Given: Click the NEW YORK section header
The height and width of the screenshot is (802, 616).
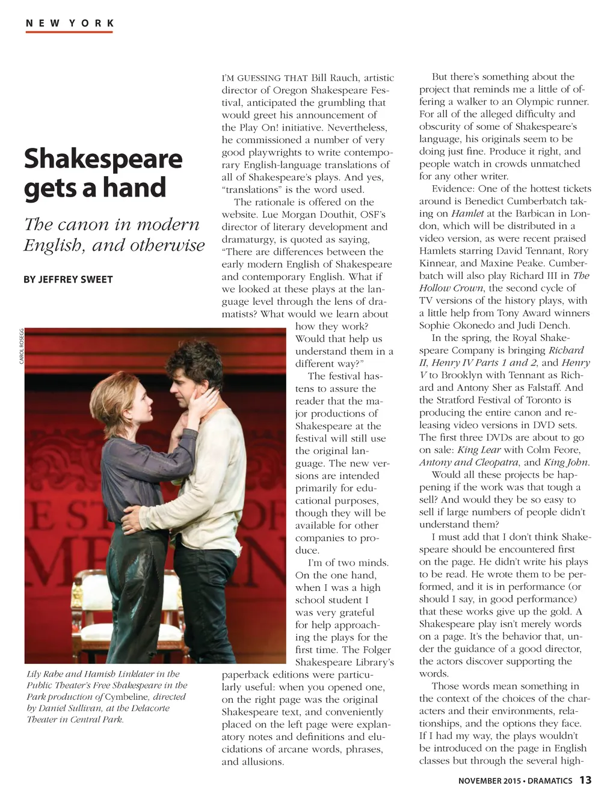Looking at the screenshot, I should (x=70, y=23).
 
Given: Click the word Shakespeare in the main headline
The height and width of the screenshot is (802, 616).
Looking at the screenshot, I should (x=103, y=159).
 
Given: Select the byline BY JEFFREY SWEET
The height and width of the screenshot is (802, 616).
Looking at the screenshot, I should (x=68, y=280).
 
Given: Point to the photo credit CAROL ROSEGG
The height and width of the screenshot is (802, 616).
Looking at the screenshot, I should (x=22, y=346).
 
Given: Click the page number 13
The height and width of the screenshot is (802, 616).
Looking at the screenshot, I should (x=585, y=780).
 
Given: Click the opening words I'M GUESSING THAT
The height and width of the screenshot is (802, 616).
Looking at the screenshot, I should (x=265, y=78).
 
